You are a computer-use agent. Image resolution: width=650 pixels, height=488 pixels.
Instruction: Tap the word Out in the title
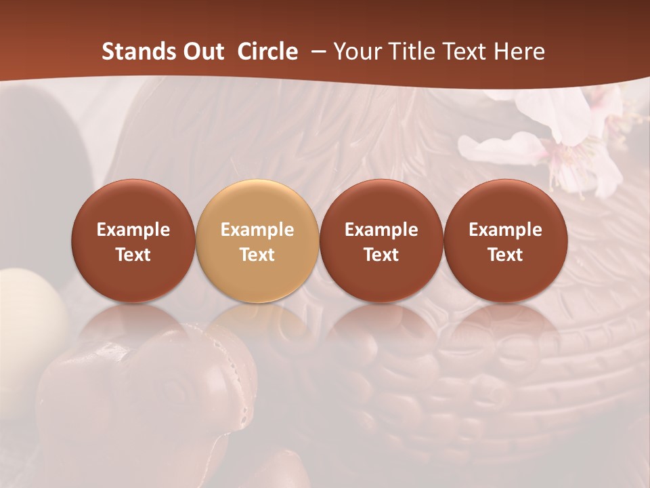(x=202, y=52)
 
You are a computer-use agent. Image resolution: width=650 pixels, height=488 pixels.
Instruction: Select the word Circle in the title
(x=267, y=52)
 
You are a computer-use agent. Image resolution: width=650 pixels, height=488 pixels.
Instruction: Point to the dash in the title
(x=316, y=52)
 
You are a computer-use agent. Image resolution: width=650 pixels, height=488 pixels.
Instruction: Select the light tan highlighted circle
(x=257, y=241)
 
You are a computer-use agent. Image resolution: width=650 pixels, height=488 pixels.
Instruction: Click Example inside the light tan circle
(x=257, y=230)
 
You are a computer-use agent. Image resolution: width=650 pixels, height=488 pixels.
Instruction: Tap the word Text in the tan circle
(x=257, y=255)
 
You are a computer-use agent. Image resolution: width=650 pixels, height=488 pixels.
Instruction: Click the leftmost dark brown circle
(x=133, y=241)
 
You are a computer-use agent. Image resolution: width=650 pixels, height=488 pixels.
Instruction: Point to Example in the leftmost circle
(x=133, y=230)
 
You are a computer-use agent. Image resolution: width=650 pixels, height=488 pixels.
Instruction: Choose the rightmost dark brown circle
(x=506, y=241)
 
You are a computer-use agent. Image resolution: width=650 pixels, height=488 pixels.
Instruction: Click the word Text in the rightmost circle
(x=506, y=255)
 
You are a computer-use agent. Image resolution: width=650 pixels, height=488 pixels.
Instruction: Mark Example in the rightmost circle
(x=506, y=230)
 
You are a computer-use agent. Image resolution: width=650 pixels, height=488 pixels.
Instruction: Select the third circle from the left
(x=381, y=241)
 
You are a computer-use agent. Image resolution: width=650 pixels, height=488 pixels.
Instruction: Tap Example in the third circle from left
(x=381, y=230)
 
